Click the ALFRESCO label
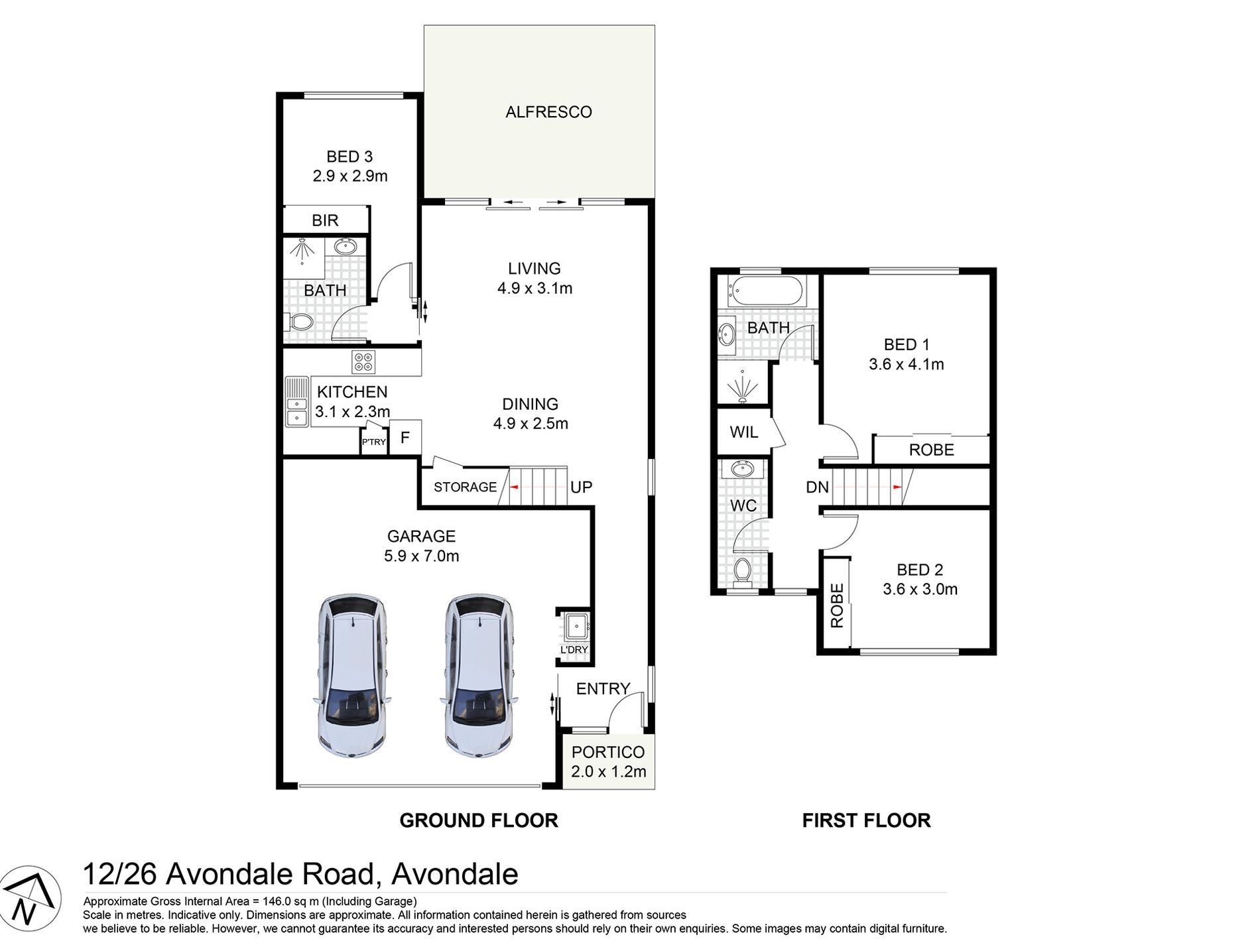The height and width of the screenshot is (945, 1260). pos(548,112)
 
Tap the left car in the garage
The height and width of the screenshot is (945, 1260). pos(351,675)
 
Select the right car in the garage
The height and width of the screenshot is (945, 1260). pos(479,675)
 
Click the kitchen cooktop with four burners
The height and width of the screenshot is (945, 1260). pos(363,362)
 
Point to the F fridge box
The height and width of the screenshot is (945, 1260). pos(405,437)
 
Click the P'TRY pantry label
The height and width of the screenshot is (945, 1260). pos(373,442)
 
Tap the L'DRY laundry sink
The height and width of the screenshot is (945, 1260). pos(576,625)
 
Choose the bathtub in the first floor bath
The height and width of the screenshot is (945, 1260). pos(766,290)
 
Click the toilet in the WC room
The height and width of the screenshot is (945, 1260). pos(743,572)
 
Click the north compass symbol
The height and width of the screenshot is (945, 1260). pos(29,899)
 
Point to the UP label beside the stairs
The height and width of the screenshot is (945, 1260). pos(581,487)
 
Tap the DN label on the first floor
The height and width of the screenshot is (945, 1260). pos(817,487)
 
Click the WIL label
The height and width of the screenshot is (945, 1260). pos(743,432)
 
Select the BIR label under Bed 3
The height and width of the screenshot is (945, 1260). pos(325,220)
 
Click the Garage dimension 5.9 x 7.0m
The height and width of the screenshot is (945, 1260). pos(421,556)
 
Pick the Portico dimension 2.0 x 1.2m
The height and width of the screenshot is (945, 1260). pos(608,771)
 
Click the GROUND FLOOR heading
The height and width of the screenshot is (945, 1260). pos(479,820)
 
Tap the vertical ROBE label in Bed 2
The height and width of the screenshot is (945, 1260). pos(837,605)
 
